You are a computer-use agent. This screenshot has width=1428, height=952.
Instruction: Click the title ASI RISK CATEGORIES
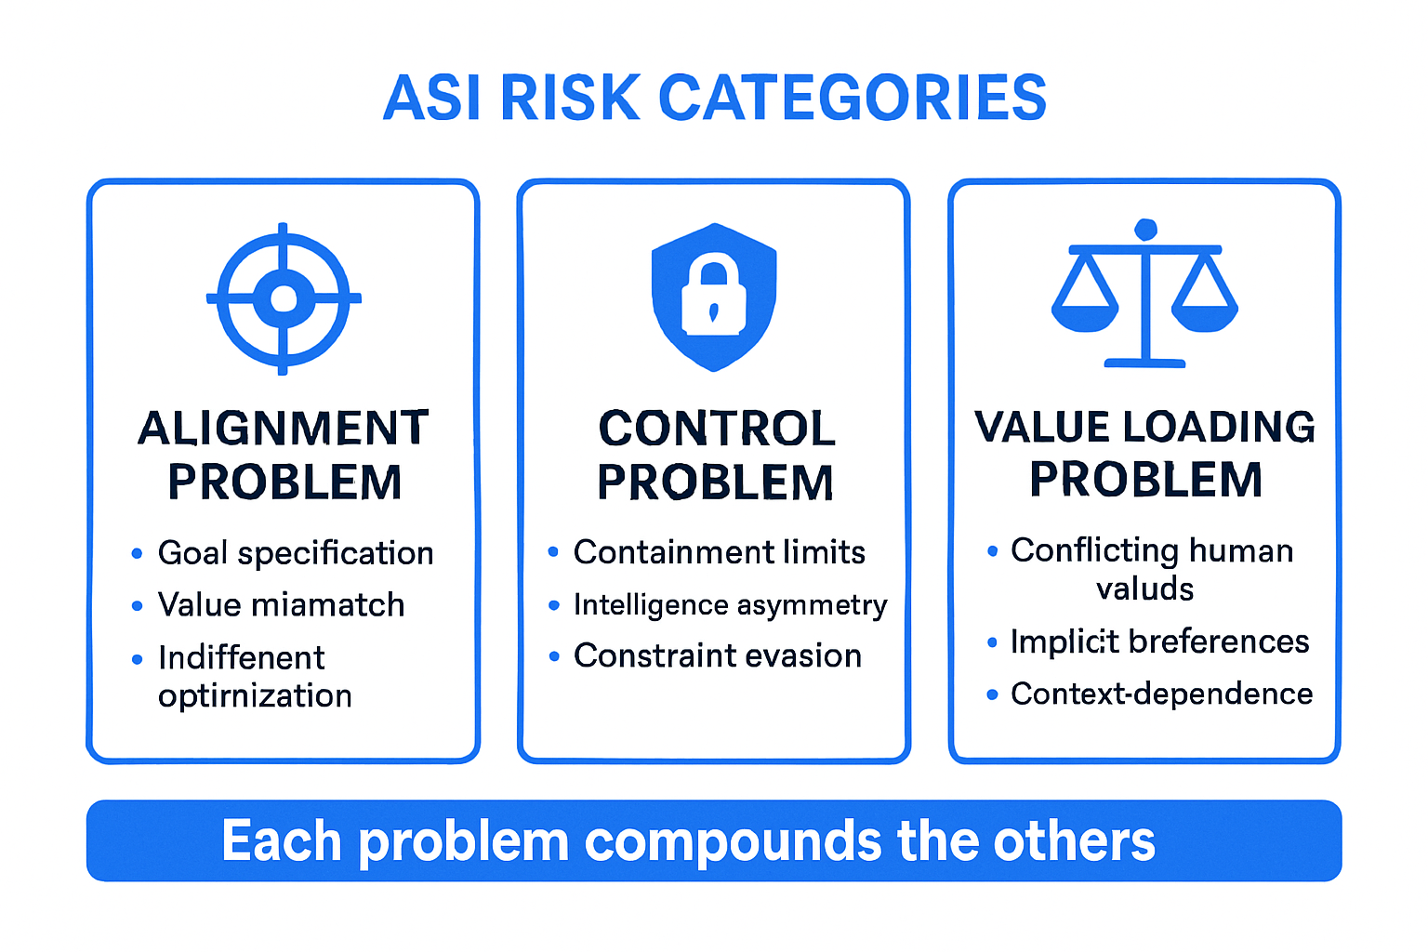coord(714,98)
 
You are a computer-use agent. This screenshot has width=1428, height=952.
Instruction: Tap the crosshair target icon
coord(284,298)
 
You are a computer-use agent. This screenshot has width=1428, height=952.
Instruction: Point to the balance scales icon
coord(1144,294)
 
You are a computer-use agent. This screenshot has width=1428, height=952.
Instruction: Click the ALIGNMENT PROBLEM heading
coord(284,455)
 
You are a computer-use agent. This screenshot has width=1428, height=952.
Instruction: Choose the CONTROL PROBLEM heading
coord(715,455)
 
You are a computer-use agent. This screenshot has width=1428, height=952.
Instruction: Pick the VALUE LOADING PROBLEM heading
coord(1144,453)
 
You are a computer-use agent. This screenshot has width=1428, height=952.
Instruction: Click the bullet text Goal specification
coord(296,553)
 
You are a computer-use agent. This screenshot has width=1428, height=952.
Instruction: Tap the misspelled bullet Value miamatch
coord(281,605)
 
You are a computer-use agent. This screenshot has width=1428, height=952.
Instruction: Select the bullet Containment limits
coord(719,552)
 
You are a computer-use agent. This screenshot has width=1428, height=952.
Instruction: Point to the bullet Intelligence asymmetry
coord(730,604)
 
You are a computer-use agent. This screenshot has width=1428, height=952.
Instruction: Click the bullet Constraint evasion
coord(717,655)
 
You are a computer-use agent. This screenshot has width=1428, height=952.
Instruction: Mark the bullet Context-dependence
coord(1161,694)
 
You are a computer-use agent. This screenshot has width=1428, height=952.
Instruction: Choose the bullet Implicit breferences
coord(1159,641)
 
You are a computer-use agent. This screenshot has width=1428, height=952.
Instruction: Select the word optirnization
coord(255,695)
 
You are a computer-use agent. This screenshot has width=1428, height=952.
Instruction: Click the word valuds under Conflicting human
coord(1144,588)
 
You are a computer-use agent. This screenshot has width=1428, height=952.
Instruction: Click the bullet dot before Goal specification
coord(137,554)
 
